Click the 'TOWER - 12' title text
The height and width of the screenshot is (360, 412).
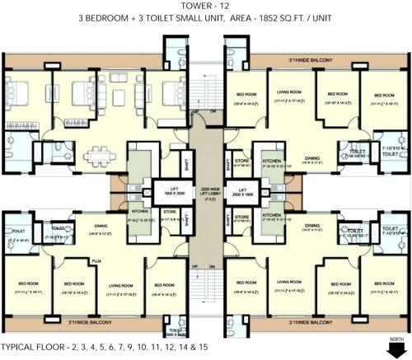click(x=206, y=7)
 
